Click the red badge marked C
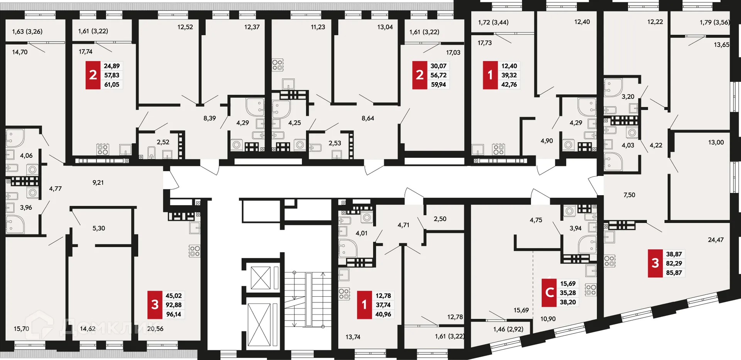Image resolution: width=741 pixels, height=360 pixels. click(x=549, y=292)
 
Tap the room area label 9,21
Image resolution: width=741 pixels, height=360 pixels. click(x=98, y=183)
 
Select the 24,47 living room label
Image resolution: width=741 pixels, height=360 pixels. click(x=716, y=240)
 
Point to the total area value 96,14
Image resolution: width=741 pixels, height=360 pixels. click(x=174, y=314)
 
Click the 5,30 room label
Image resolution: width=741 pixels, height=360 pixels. click(x=99, y=228)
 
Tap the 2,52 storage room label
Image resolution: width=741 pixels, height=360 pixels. click(x=163, y=142)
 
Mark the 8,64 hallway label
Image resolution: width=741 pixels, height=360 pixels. click(x=368, y=118)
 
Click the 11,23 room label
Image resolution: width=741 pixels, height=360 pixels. click(x=318, y=27)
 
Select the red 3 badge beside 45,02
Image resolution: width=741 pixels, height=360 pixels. click(x=155, y=305)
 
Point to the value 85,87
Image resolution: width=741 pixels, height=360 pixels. click(x=674, y=272)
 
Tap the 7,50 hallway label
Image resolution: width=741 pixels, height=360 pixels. click(x=629, y=195)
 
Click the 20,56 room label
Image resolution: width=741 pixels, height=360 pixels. click(x=155, y=329)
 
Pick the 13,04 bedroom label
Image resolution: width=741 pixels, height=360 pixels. click(x=385, y=27)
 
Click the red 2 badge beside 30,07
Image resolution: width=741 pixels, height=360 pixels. click(x=420, y=75)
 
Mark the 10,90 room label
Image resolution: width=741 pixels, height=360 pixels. click(x=548, y=319)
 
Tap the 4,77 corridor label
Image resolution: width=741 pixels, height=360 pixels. click(x=55, y=189)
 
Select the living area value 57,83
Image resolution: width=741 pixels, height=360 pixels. click(x=112, y=75)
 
